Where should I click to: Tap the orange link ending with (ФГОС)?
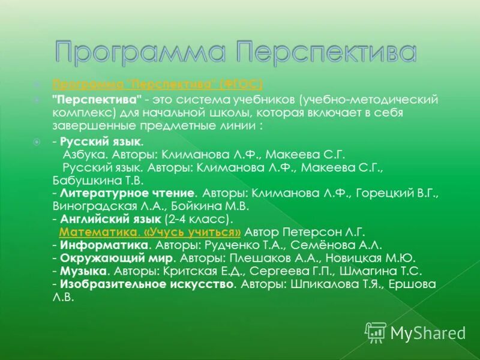pos(157,83)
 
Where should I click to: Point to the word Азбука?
pos(83,154)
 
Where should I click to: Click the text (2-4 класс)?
pos(198,218)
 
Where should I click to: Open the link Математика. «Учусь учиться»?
pos(151,231)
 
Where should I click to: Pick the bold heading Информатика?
pos(104,245)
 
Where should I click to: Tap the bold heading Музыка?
pos(80,271)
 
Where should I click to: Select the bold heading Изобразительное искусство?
pos(146,284)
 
